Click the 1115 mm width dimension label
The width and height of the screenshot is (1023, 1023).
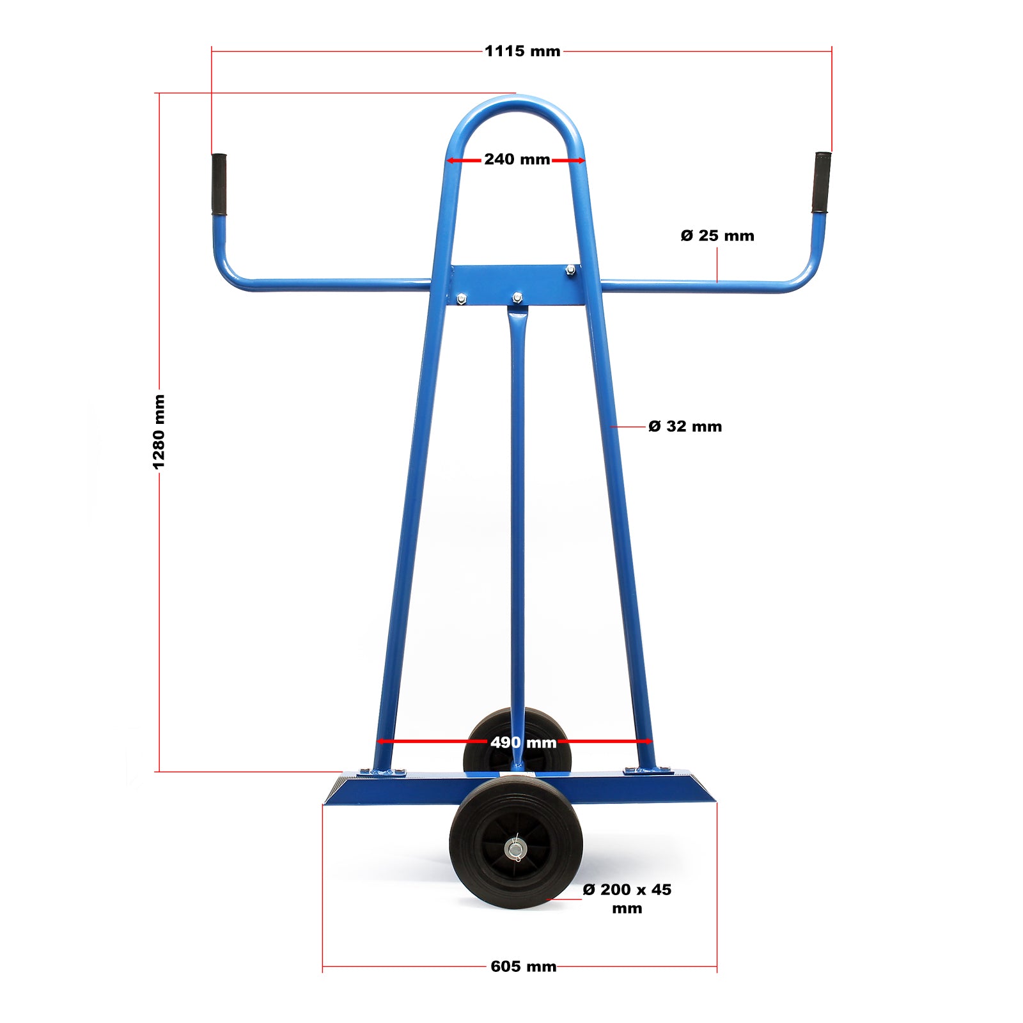pos(522,51)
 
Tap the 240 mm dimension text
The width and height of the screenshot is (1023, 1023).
pos(517,159)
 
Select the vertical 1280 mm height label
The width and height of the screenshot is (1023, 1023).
pos(159,432)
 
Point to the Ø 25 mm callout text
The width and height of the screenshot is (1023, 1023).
pos(717,236)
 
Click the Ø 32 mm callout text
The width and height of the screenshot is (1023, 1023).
pos(685,426)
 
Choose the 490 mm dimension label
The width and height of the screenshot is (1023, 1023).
pos(523,742)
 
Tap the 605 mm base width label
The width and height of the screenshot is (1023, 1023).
pos(523,966)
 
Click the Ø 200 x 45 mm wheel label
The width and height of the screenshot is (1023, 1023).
pos(627,898)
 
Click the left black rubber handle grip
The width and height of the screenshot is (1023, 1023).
pos(219,184)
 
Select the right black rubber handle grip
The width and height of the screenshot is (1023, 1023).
pos(822,182)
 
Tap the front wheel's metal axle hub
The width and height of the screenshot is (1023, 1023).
pos(515,850)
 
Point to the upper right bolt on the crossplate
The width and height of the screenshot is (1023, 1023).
pos(570,270)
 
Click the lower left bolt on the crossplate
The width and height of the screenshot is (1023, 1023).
pos(461,299)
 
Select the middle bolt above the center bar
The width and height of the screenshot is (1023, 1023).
pos(517,297)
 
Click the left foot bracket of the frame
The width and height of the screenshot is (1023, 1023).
pos(382,772)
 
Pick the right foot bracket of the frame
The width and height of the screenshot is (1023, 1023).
pos(648,771)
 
